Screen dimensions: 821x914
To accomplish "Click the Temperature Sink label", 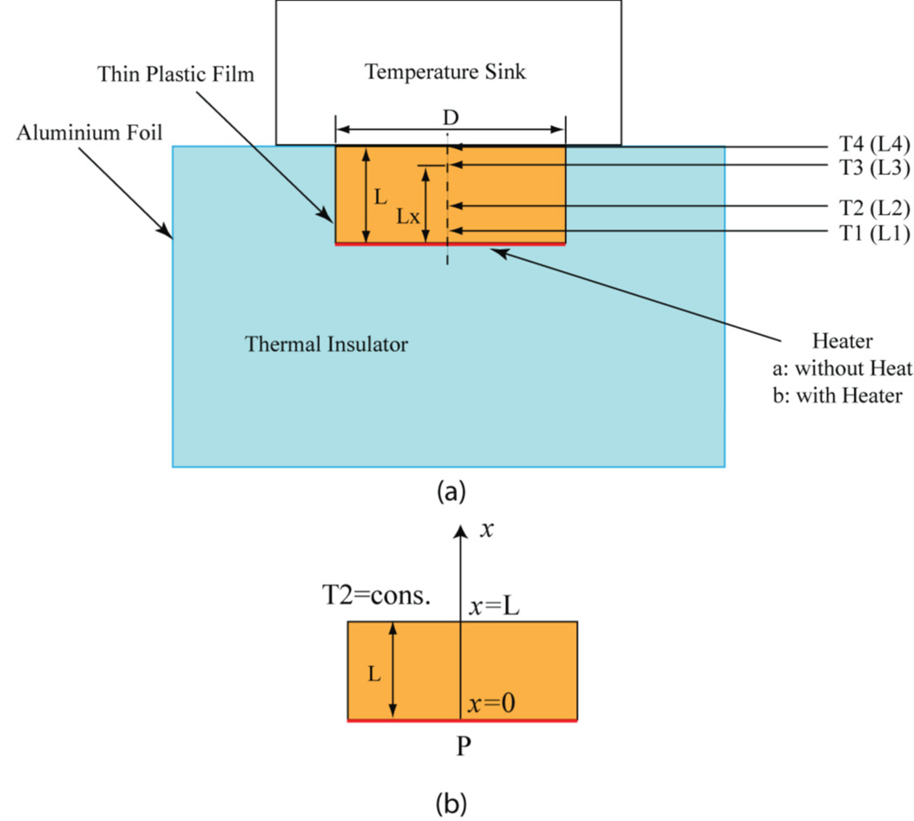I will [446, 71].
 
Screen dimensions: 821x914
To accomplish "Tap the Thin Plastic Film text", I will [177, 75].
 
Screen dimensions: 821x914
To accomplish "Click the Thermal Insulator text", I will [326, 345].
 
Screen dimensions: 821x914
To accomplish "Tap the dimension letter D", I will [450, 117].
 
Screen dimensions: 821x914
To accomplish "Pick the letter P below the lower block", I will [462, 745].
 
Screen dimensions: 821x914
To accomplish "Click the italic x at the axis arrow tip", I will [488, 528].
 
